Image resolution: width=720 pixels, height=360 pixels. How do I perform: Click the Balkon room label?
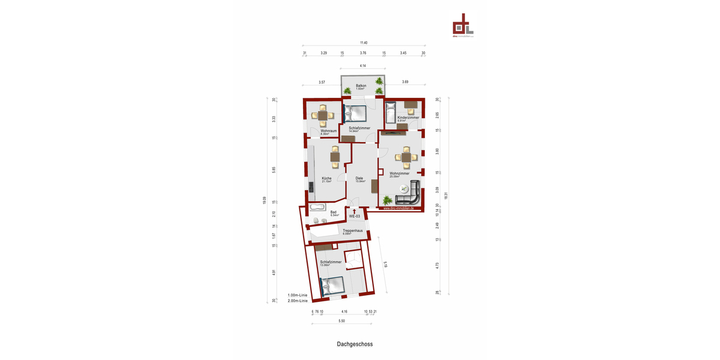pos(361,86)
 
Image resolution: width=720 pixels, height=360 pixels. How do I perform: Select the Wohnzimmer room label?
pos(399,174)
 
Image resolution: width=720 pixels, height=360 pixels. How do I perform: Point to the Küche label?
pos(326,178)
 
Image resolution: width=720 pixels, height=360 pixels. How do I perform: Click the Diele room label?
pos(359,178)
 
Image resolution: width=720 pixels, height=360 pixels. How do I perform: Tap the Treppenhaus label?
pos(352,230)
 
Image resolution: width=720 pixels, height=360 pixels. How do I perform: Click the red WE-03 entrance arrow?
pos(355,211)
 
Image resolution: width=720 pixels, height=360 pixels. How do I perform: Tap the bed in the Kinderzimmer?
pos(390,112)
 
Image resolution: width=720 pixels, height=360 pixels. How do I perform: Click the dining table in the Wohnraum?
pos(323,116)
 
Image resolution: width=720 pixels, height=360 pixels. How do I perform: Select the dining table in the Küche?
pos(335,158)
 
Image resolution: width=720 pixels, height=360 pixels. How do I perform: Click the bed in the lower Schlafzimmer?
pos(332,286)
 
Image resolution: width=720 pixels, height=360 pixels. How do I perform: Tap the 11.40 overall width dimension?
pos(364,43)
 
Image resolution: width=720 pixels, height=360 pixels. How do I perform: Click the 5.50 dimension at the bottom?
pos(342,321)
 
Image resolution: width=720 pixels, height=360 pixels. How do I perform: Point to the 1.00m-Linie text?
pos(298,295)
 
